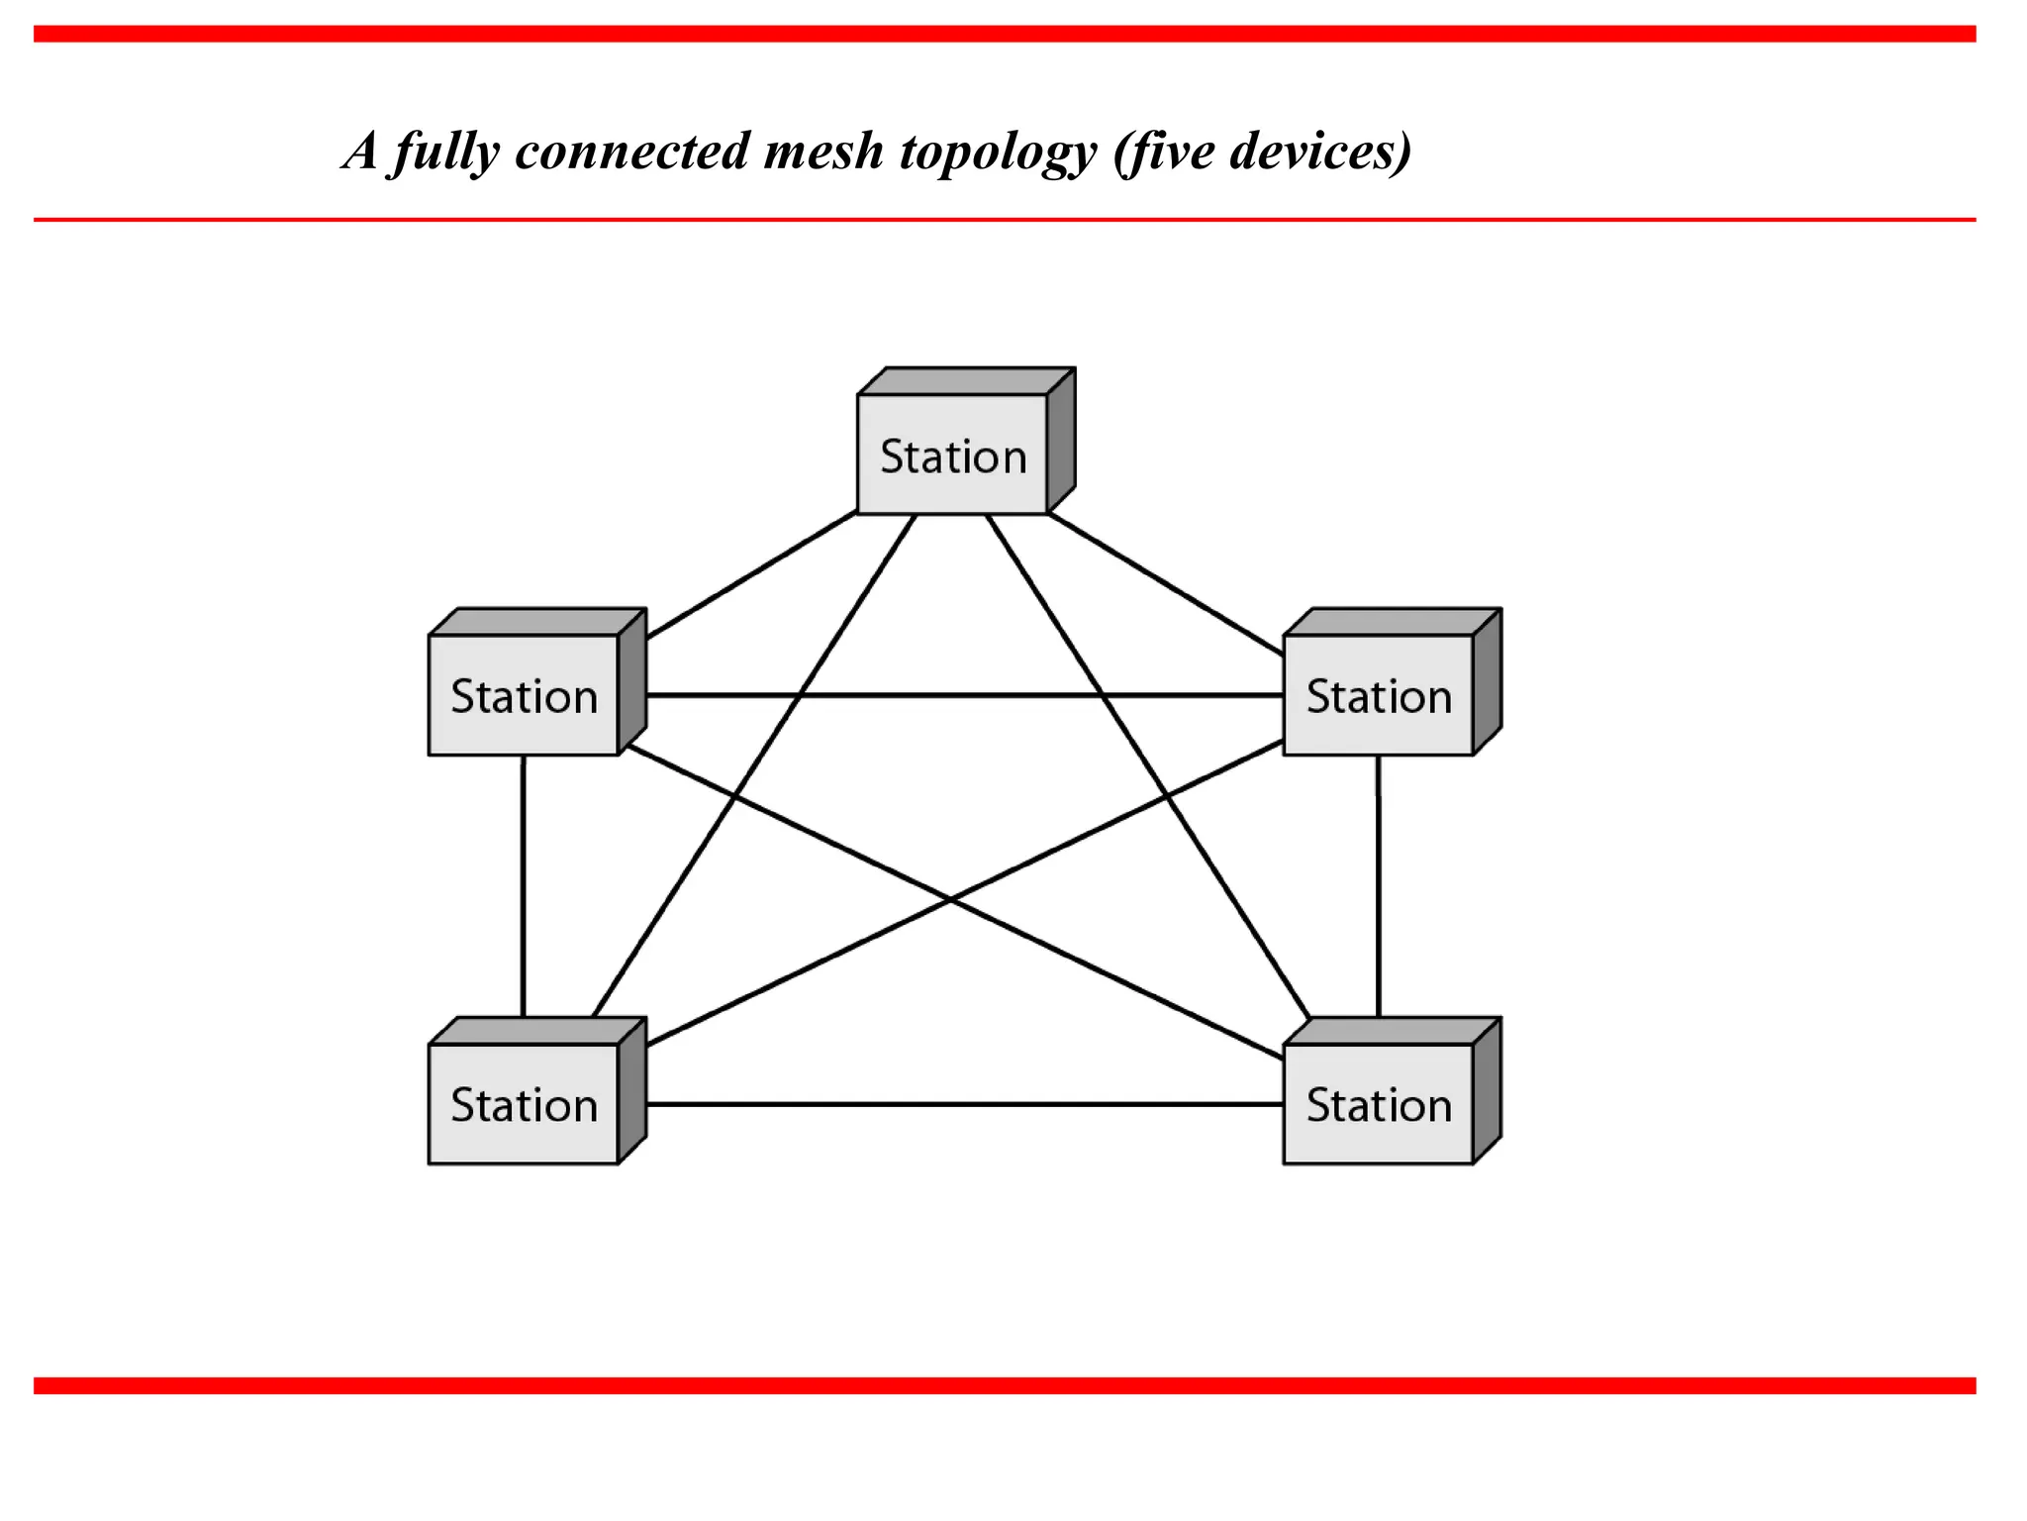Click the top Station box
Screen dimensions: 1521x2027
click(x=952, y=456)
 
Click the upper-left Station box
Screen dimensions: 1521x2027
click(x=524, y=696)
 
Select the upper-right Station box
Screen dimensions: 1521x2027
click(x=1379, y=696)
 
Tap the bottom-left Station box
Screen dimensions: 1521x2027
click(x=524, y=1104)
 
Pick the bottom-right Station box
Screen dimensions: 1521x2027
click(x=1379, y=1104)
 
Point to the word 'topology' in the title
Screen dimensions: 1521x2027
click(x=998, y=153)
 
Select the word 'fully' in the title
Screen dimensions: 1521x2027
click(x=445, y=153)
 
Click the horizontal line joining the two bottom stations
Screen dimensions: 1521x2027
click(x=965, y=1104)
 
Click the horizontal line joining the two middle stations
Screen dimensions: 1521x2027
click(x=965, y=696)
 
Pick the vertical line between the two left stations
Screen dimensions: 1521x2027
click(x=523, y=886)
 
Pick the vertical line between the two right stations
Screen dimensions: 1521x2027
click(x=1379, y=886)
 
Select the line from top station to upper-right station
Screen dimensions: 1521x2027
click(x=1166, y=584)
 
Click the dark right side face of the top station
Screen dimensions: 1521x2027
click(x=1061, y=440)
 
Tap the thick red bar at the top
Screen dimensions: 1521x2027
click(x=1005, y=35)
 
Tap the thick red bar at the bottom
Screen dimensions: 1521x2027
click(x=1005, y=1385)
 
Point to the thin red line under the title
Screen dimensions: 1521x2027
click(x=1005, y=220)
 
